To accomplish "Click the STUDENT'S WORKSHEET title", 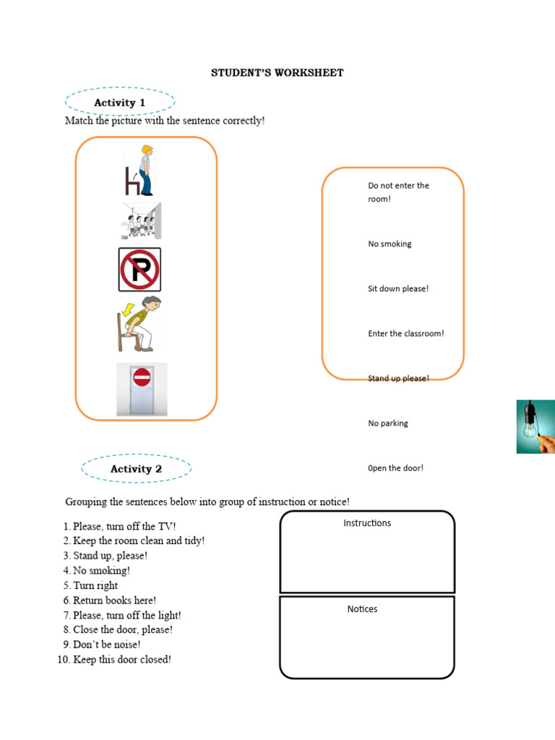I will (x=277, y=73).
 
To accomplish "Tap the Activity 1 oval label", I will (x=120, y=103).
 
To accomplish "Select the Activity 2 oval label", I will (x=136, y=469).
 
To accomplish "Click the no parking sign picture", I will (x=139, y=270).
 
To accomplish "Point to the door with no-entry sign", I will (x=142, y=390).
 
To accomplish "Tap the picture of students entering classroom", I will (x=140, y=221).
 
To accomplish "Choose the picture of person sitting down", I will (x=138, y=324).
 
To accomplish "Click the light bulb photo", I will (x=535, y=426).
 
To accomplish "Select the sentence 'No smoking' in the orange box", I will (x=390, y=244).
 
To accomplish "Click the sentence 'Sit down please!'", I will (x=398, y=289).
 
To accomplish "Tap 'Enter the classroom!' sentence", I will (x=406, y=334).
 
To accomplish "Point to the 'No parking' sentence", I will (x=388, y=423).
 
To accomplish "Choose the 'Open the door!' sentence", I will (x=396, y=468).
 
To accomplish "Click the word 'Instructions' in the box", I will (x=367, y=523).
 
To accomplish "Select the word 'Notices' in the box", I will (x=362, y=609).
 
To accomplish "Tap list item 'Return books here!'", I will (x=114, y=601).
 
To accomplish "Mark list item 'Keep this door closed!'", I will (x=122, y=660).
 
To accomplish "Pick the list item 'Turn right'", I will (x=95, y=585).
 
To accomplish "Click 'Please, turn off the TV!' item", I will (x=124, y=526).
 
